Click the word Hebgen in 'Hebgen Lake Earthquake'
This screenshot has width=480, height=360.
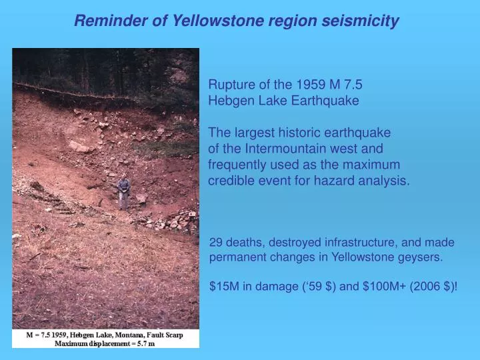pos(230,101)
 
